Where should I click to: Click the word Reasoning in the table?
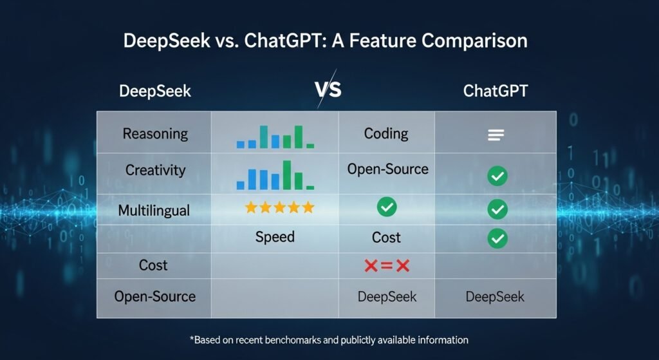coord(155,134)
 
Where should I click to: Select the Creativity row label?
coord(155,171)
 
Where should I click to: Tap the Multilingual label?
coord(153,210)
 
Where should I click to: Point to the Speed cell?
coord(275,237)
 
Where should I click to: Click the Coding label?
coord(386,134)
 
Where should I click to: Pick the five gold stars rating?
coord(279,207)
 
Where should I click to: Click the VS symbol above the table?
coord(328,90)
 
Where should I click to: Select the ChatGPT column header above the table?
coord(496,91)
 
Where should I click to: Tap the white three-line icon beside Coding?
coord(496,135)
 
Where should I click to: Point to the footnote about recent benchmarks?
coord(329,339)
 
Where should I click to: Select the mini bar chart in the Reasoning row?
coord(275,137)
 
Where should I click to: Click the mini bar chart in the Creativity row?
coord(275,174)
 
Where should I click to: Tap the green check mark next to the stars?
coord(387,207)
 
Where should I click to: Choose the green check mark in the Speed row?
coord(497,238)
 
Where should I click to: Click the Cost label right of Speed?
coord(386,238)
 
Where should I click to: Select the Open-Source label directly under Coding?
coord(387,169)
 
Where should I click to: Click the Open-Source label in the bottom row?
coord(155,296)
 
